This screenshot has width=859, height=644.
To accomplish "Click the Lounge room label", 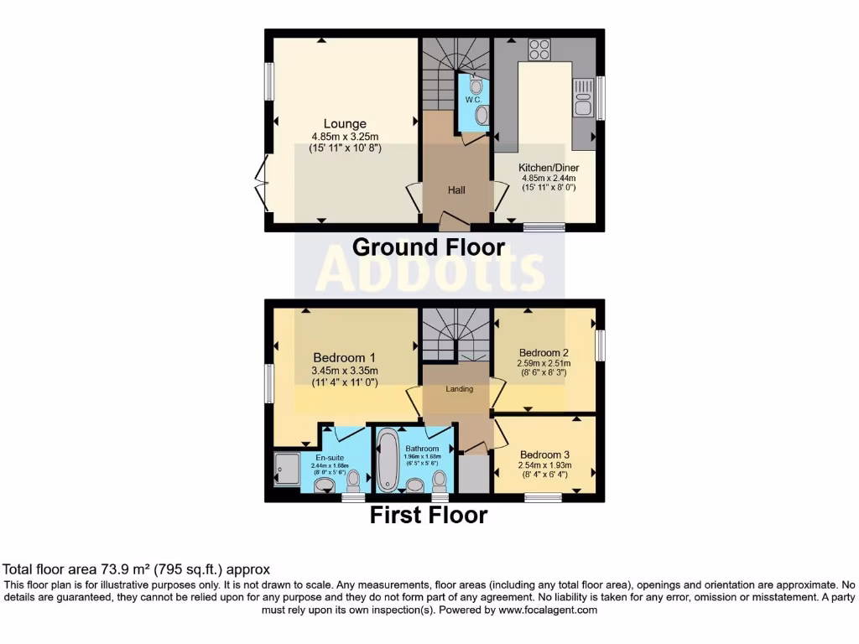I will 345,124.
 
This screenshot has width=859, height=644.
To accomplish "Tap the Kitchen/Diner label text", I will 549,168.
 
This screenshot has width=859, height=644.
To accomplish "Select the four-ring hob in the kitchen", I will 539,49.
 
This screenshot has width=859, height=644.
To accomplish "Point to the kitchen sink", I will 581,98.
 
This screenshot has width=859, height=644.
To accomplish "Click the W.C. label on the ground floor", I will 471,100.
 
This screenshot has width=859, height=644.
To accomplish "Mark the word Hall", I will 456,190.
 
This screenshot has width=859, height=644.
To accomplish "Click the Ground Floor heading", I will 429,247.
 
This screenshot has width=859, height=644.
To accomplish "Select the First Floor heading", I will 429,515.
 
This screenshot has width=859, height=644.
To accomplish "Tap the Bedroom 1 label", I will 345,357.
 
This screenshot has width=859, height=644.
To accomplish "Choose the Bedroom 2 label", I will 544,352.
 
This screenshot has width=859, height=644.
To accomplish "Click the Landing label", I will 459,389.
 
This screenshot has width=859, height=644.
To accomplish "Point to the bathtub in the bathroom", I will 388,459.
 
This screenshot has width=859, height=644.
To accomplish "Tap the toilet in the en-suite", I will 354,480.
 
